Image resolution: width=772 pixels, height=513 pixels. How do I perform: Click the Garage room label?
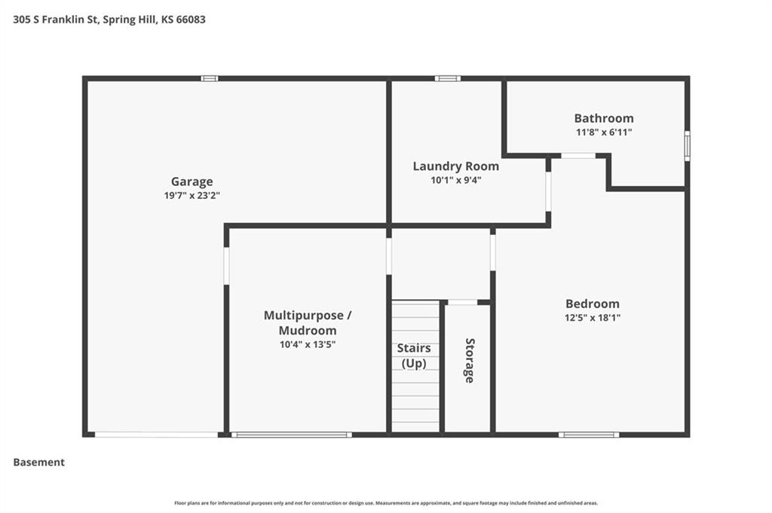192,182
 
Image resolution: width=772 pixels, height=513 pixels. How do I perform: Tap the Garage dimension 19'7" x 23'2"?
192,195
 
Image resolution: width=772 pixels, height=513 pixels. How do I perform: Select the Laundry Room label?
456,166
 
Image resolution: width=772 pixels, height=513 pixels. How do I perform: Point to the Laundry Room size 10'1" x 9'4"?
456,180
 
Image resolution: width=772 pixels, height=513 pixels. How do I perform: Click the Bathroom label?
604,118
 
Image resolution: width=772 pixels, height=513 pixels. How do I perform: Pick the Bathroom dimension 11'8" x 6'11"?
604,132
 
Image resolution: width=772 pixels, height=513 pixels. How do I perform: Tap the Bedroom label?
593,304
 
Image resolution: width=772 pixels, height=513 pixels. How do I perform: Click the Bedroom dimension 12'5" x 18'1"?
593,318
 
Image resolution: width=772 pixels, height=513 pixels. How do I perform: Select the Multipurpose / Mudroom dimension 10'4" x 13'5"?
308,344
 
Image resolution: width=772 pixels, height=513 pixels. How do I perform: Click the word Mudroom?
308,331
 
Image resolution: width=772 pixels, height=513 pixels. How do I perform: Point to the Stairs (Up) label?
414,356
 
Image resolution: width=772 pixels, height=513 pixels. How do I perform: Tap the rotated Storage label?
470,361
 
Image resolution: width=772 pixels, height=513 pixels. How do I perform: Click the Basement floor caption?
39,463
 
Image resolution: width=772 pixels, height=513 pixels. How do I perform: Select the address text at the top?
109,20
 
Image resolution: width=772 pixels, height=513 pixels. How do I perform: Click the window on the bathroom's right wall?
688,145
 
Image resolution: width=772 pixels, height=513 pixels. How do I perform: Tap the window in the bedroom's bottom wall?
589,435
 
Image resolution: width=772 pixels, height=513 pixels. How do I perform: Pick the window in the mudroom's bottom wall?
292,435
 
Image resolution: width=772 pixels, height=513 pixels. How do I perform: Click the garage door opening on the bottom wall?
156,435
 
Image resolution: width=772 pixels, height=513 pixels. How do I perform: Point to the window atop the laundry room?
448,78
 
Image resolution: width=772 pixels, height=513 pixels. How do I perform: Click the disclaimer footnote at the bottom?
386,503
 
